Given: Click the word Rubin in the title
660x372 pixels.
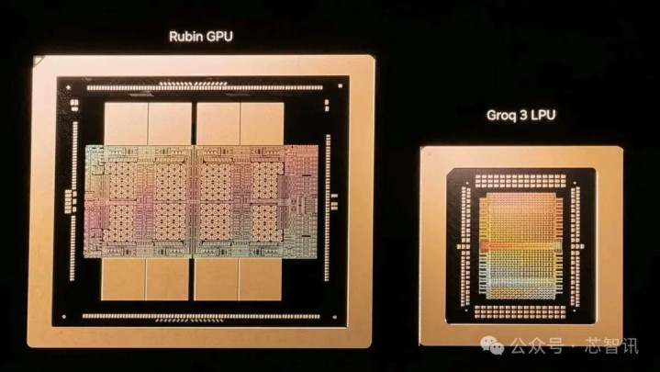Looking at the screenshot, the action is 186,37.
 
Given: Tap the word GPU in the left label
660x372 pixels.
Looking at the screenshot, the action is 219,37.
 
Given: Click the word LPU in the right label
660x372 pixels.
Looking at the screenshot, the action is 543,115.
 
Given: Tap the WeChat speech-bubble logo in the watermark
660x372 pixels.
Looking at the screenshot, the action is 492,345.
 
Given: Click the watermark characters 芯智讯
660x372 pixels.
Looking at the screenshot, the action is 611,346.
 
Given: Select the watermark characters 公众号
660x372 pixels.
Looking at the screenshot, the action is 537,346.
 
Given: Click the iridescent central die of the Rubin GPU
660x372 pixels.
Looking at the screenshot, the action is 201,201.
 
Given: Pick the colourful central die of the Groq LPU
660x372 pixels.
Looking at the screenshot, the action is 521,245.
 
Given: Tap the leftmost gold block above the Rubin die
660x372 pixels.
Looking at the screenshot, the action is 126,124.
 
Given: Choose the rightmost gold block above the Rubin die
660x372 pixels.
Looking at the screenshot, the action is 263,124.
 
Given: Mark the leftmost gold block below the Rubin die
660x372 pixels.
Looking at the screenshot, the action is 123,279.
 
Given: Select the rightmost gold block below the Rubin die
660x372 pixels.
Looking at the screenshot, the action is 260,279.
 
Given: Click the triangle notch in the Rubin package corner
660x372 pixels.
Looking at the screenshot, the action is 38,62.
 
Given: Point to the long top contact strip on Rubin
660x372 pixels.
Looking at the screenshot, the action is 205,87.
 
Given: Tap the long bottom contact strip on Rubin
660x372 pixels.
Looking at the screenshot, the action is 201,316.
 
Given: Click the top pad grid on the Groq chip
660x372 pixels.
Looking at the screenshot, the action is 520,181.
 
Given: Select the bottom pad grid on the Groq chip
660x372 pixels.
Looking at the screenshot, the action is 520,311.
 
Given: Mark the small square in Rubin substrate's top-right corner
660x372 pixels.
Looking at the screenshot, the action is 341,86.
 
